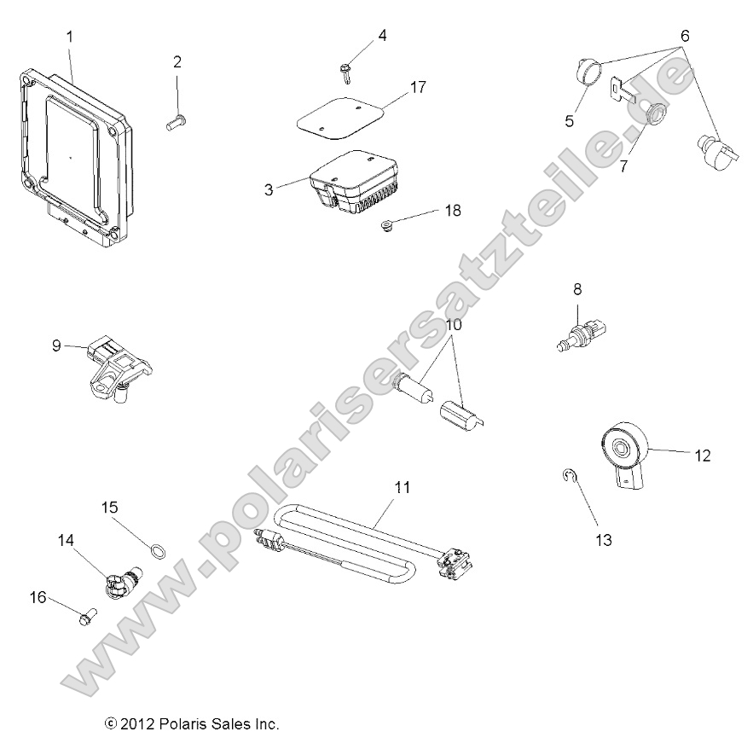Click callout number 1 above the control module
pyautogui.click(x=70, y=36)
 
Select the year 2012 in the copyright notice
pyautogui.click(x=137, y=724)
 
